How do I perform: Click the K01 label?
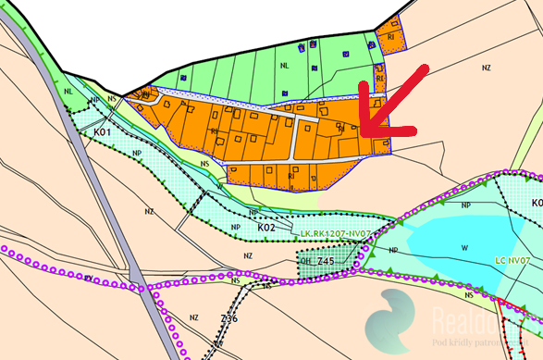102,133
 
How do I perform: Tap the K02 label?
266,226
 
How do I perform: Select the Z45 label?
324,262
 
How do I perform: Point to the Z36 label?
228,319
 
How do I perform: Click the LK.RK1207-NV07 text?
336,234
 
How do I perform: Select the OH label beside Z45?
306,262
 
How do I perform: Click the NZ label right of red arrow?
487,68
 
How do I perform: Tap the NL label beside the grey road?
68,92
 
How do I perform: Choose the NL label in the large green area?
283,65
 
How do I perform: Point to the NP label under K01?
137,152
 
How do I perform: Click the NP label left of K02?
235,226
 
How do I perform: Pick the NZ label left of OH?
247,255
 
